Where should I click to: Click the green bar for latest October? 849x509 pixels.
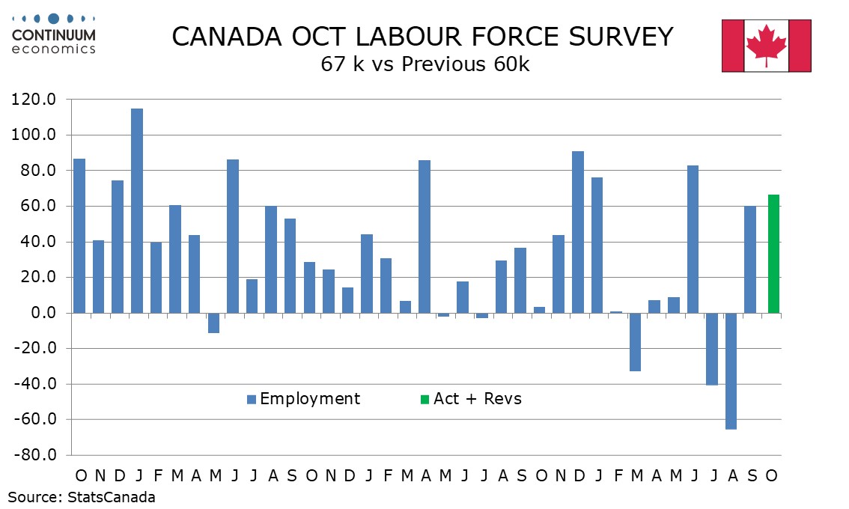pyautogui.click(x=773, y=254)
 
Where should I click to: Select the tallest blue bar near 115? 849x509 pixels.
pyautogui.click(x=137, y=210)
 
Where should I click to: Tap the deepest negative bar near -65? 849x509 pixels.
pyautogui.click(x=731, y=371)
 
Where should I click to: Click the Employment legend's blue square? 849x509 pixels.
pyautogui.click(x=252, y=399)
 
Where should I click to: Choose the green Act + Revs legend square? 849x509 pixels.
pyautogui.click(x=424, y=399)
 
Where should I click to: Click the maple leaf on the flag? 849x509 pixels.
pyautogui.click(x=766, y=43)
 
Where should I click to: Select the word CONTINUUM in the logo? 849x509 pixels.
pyautogui.click(x=54, y=35)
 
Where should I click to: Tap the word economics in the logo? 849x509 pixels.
pyautogui.click(x=54, y=49)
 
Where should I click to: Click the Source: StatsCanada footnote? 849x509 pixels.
pyautogui.click(x=82, y=497)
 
